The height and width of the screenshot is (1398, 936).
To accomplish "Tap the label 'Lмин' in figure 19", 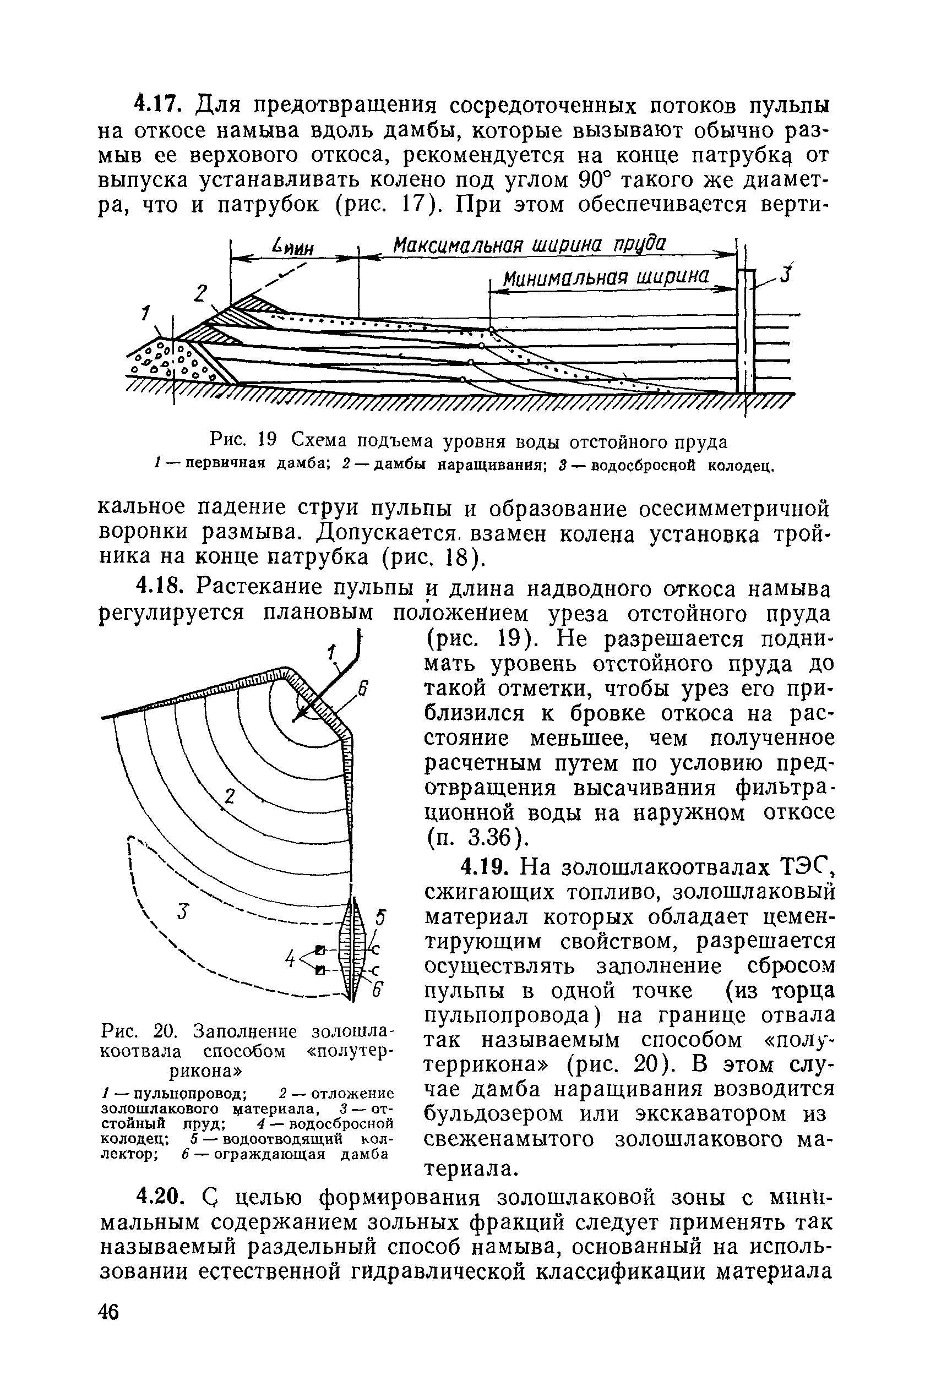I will click(292, 247).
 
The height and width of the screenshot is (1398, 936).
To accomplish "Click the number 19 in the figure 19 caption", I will click(267, 441).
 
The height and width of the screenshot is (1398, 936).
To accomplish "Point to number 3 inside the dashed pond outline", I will click(183, 911).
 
